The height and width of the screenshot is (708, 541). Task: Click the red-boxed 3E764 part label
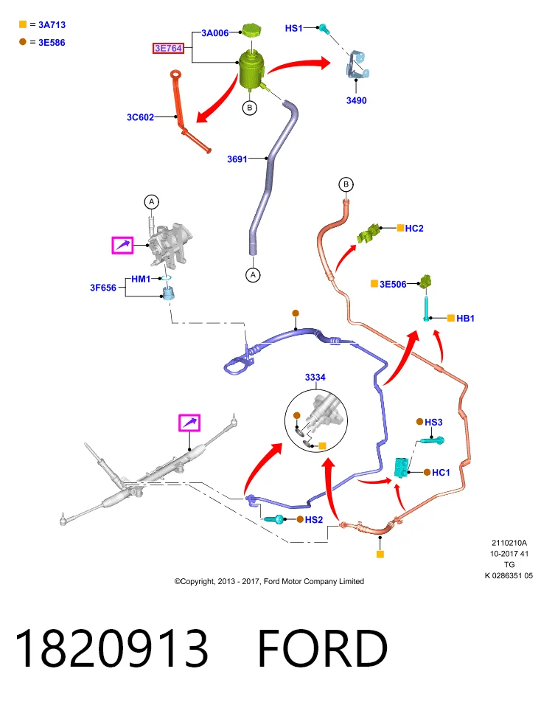pos(168,48)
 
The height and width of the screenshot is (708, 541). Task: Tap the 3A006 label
pos(214,33)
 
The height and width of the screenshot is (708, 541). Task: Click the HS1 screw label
pos(294,28)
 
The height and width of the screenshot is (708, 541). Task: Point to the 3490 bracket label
pos(357,100)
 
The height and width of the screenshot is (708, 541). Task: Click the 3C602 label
pos(140,117)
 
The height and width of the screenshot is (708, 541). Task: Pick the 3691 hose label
pos(237,159)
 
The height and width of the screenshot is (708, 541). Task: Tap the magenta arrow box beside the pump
pos(123,245)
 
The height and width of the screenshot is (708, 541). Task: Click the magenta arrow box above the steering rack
pos(189,423)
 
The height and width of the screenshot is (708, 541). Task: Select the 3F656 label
pos(103,288)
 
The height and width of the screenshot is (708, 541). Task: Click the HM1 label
pos(141,279)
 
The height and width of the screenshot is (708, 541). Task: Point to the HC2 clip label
pos(414,229)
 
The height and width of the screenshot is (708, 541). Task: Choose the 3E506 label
pos(393,284)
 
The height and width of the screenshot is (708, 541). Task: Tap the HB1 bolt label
pos(465,319)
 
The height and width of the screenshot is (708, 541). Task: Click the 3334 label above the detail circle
pos(315,377)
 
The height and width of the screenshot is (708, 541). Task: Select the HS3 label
pos(433,422)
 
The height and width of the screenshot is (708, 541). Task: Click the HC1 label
pos(441,472)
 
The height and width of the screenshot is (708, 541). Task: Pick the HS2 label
pos(314,520)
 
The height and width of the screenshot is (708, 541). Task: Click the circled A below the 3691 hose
pos(253,274)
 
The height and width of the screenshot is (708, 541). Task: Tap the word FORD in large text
pos(323,648)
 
